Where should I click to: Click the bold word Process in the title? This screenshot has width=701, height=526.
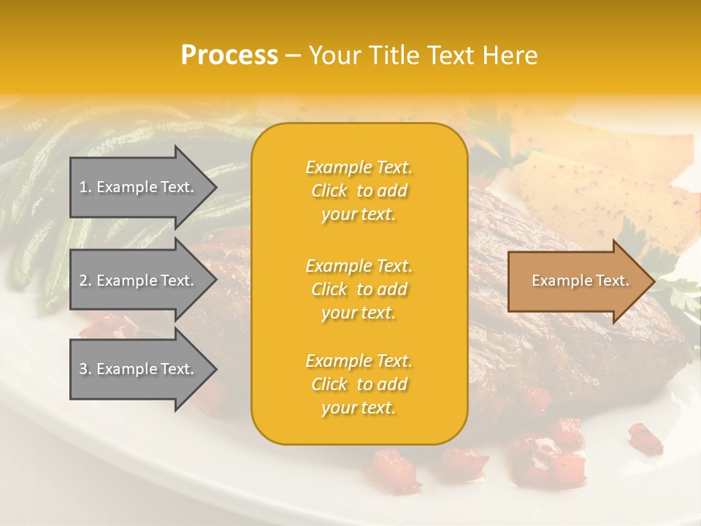pyautogui.click(x=229, y=56)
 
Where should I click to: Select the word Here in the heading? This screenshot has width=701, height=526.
pyautogui.click(x=509, y=56)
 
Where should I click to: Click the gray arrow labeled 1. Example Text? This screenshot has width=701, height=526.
pyautogui.click(x=139, y=187)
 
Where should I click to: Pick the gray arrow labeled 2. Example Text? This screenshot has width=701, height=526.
pyautogui.click(x=139, y=281)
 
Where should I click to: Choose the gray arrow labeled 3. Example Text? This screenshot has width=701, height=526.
pyautogui.click(x=139, y=369)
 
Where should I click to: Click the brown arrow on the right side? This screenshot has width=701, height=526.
pyautogui.click(x=577, y=281)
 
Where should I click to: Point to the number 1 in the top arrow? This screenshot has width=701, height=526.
pyautogui.click(x=83, y=187)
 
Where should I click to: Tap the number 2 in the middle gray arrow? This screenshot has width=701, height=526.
pyautogui.click(x=83, y=281)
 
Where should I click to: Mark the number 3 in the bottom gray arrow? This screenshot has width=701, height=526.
pyautogui.click(x=83, y=369)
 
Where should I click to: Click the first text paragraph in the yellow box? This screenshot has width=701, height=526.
pyautogui.click(x=359, y=191)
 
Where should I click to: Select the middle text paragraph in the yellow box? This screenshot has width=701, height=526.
pyautogui.click(x=359, y=289)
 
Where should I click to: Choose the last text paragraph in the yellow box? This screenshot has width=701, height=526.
pyautogui.click(x=359, y=384)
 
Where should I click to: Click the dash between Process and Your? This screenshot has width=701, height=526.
pyautogui.click(x=294, y=56)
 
